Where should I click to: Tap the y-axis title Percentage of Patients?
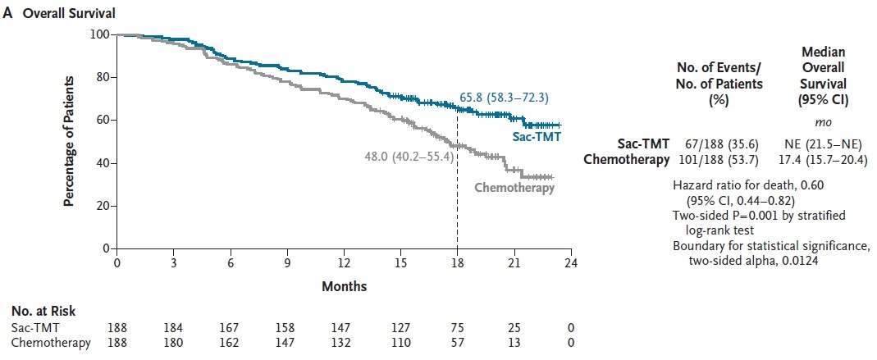point(71,141)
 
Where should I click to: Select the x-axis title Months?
point(345,287)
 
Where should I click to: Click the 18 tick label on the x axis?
point(457,263)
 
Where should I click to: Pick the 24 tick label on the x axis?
point(571,263)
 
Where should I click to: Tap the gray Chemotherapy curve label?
point(514,188)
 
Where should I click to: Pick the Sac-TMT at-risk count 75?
point(457,328)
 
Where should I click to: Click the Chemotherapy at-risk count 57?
point(457,343)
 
